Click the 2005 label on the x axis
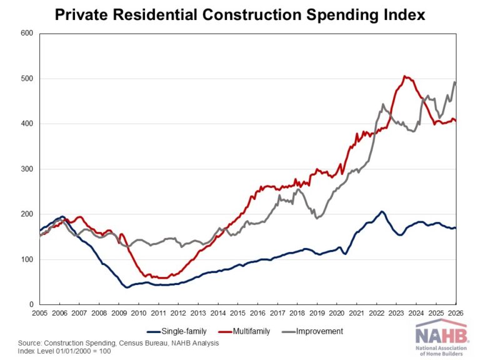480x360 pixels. tap(40, 313)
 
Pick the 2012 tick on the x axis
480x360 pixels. tap(178, 313)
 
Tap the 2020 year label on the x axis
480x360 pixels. tap(336, 313)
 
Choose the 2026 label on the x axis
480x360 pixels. tap(454, 313)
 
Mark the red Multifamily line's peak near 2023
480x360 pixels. tap(405, 76)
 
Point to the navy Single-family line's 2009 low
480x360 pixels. tap(127, 287)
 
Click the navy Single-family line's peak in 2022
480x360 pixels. tap(382, 212)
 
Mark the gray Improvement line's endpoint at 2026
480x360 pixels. tap(454, 82)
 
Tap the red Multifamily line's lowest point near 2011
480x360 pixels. tap(162, 277)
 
